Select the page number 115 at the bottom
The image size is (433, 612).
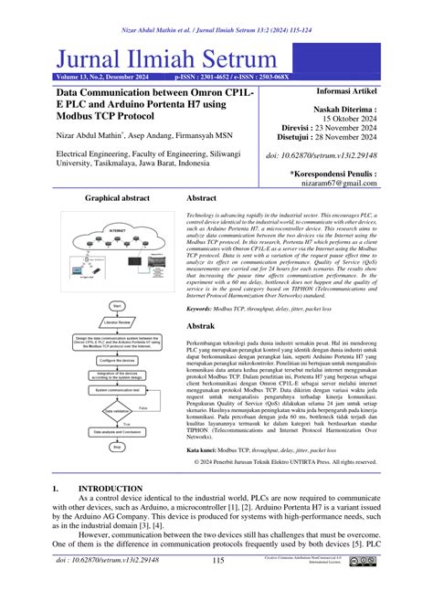pyautogui.click(x=217, y=586)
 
